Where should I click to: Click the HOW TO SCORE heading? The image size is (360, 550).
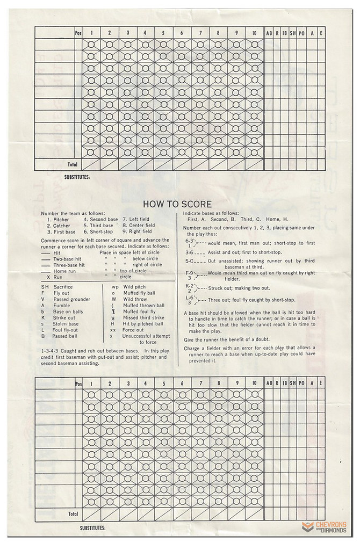click(x=177, y=204)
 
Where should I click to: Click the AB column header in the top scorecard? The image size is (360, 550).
click(x=269, y=33)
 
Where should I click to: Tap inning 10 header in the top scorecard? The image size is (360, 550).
click(x=254, y=33)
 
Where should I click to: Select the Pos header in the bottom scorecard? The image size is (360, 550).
click(x=79, y=383)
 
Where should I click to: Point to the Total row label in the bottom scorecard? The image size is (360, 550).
click(x=72, y=513)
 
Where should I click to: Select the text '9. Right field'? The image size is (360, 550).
click(x=139, y=232)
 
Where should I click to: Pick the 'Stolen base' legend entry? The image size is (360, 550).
click(x=66, y=324)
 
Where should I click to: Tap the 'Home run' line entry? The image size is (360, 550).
click(x=67, y=271)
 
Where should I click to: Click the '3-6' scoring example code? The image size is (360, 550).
click(x=189, y=252)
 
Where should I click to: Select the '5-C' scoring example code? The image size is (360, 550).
click(x=189, y=261)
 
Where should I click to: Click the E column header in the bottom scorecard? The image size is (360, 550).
click(x=320, y=383)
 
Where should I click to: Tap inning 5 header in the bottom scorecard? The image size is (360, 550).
click(x=163, y=383)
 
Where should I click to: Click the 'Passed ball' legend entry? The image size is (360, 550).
click(x=66, y=336)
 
